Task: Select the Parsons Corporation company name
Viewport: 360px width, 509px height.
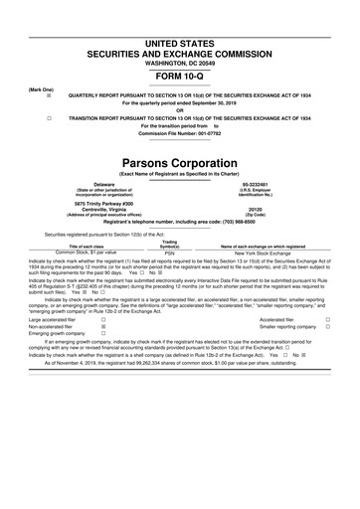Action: pyautogui.click(x=179, y=161)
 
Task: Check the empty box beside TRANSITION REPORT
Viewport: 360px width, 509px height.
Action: pyautogui.click(x=35, y=117)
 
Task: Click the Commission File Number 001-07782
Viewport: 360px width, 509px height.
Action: pyautogui.click(x=179, y=135)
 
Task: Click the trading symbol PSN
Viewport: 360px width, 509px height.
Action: pyautogui.click(x=169, y=254)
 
